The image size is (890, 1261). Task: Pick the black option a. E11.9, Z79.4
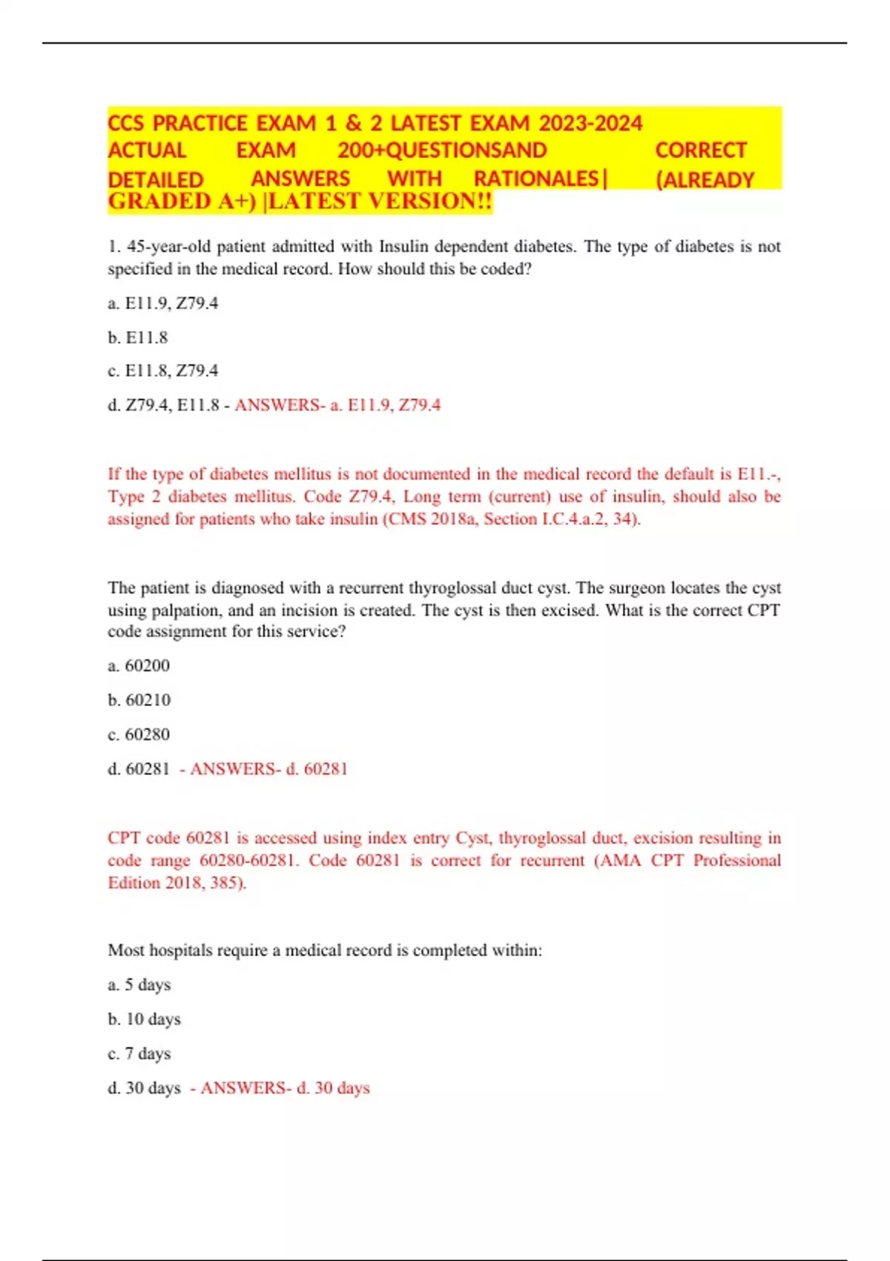coord(163,303)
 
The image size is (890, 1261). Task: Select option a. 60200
coord(139,666)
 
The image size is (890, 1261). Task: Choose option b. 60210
coord(139,700)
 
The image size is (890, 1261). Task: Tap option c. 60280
coord(139,734)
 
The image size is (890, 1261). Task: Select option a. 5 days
coord(139,985)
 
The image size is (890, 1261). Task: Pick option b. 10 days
coord(145,1019)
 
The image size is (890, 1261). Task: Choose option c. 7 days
coord(139,1053)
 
